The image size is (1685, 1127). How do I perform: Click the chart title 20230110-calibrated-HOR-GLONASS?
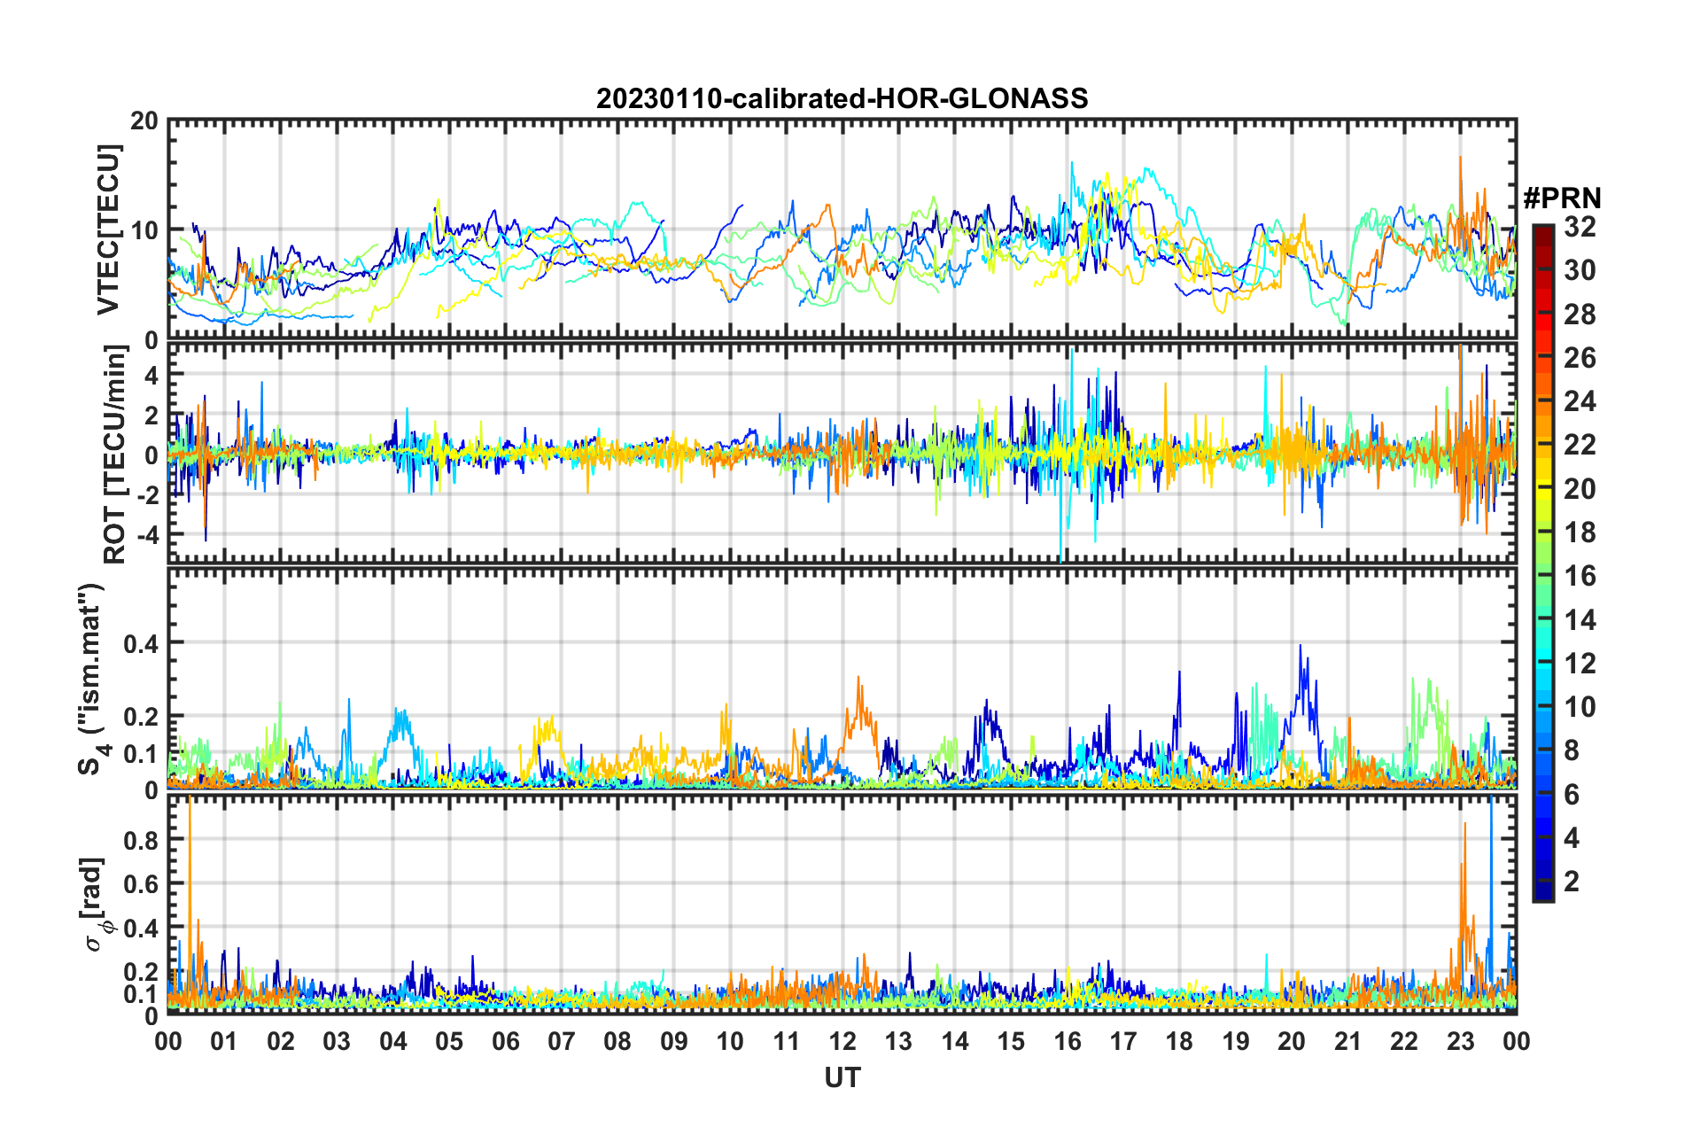tap(842, 98)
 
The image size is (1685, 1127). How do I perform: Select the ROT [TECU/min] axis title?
tap(114, 455)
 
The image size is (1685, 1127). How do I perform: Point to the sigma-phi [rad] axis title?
tap(95, 904)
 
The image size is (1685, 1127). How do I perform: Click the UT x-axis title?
tap(842, 1077)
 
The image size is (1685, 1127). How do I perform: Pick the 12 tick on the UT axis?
tap(842, 1041)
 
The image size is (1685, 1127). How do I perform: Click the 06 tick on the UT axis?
tap(505, 1041)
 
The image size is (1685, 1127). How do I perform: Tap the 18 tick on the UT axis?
tap(1179, 1041)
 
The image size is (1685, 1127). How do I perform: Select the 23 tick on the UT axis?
tap(1460, 1041)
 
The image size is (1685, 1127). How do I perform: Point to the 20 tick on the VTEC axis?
tap(144, 120)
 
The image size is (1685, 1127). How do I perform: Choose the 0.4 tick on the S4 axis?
tap(141, 642)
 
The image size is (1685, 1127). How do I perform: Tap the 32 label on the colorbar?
tap(1580, 227)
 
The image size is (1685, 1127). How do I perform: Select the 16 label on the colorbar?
tap(1580, 576)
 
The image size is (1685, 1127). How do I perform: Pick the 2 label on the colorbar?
tap(1572, 882)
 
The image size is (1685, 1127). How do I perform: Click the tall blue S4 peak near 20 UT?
tap(1301, 647)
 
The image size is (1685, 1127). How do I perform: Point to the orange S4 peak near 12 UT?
tap(858, 679)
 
